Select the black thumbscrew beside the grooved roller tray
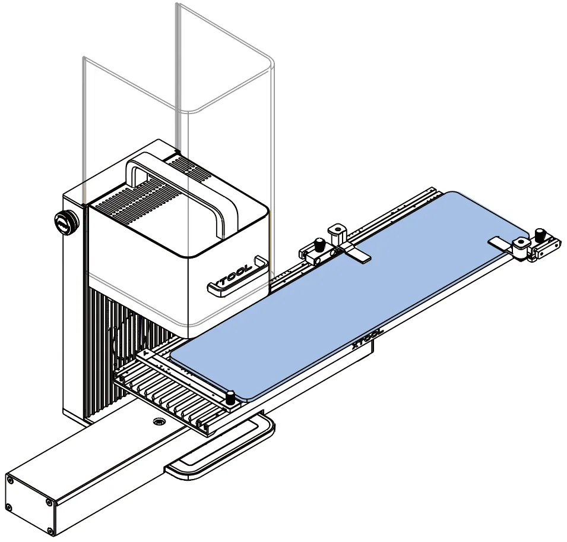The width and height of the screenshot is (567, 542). coord(230,398)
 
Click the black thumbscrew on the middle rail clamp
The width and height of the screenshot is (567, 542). coord(319,245)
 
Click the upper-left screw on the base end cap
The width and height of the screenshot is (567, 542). coord(10,480)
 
